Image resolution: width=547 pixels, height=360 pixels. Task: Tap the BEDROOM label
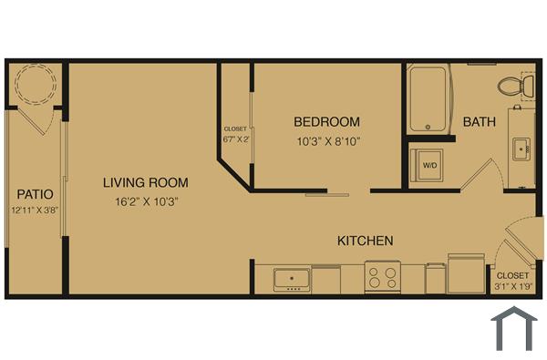pyautogui.click(x=326, y=121)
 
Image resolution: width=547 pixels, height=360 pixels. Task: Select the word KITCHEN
pyautogui.click(x=366, y=241)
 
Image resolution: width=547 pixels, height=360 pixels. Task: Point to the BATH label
pyautogui.click(x=480, y=121)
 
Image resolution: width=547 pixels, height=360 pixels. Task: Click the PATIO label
pyautogui.click(x=35, y=194)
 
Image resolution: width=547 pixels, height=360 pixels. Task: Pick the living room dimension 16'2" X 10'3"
pyautogui.click(x=139, y=201)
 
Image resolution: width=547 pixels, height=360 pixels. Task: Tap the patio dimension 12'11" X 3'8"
pyautogui.click(x=35, y=211)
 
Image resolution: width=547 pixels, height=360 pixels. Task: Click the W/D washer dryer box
pyautogui.click(x=429, y=165)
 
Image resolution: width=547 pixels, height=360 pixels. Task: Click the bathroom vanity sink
pyautogui.click(x=522, y=146)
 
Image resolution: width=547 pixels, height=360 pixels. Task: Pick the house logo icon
pyautogui.click(x=511, y=329)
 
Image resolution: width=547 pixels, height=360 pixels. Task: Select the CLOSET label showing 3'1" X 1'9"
pyautogui.click(x=512, y=281)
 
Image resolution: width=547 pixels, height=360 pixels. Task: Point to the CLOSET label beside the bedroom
pyautogui.click(x=234, y=134)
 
